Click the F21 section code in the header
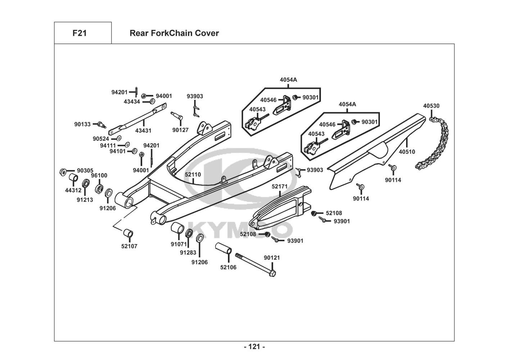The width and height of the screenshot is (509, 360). click(79, 33)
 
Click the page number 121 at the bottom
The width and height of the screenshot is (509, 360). click(254, 347)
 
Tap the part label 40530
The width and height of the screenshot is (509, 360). click(431, 106)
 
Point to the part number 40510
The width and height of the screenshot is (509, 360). click(407, 152)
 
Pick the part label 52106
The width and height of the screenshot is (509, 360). click(228, 267)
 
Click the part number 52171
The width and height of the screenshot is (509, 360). click(280, 186)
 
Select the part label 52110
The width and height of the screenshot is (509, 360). click(193, 175)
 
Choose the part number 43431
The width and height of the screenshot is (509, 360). click(143, 131)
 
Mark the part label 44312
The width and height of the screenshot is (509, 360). click(73, 190)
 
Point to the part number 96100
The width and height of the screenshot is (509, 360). click(99, 176)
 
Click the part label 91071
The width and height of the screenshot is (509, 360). click(179, 244)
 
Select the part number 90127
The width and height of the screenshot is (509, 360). click(180, 130)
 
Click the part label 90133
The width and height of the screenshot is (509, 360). click(83, 124)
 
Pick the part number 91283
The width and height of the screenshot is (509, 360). click(188, 253)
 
